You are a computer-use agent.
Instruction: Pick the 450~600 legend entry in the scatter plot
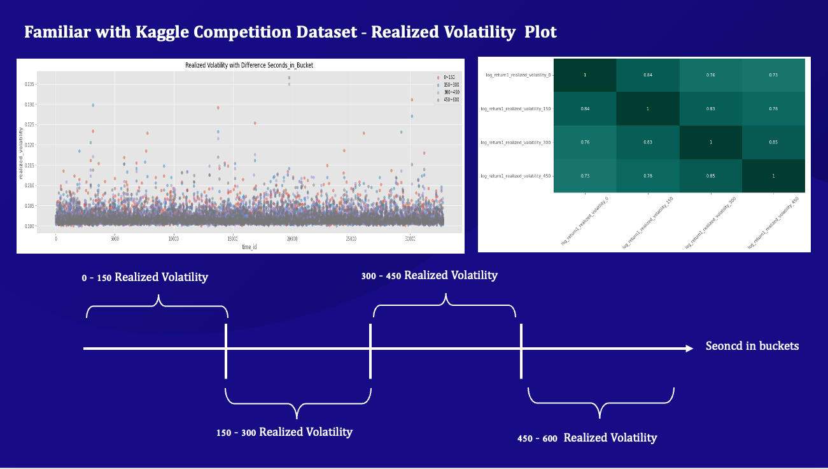tap(449, 99)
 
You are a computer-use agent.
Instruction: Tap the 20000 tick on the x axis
tap(292, 239)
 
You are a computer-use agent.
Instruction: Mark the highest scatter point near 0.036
tap(289, 78)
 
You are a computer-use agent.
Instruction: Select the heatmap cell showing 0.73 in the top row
tap(773, 75)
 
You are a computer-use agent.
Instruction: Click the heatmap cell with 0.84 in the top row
tap(648, 75)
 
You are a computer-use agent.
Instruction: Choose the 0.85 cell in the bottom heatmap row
tap(710, 175)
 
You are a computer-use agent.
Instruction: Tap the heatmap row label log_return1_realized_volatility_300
tap(516, 142)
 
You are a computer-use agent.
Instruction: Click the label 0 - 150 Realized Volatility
tap(144, 278)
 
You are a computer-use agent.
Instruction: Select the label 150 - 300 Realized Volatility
tap(284, 432)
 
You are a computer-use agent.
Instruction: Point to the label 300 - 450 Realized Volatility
tap(429, 276)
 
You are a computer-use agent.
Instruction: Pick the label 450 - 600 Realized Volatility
tap(587, 438)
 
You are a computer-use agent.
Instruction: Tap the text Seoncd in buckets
tap(752, 347)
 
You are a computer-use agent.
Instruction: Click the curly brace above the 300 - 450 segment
tap(444, 305)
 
